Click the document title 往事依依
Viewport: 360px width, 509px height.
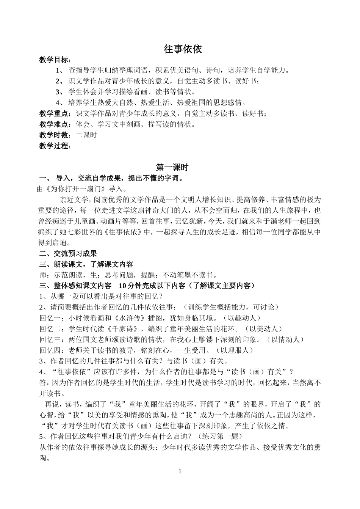[183, 49]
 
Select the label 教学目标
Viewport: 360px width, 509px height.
[54, 60]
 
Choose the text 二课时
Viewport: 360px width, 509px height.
[86, 135]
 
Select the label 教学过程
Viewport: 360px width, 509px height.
[54, 146]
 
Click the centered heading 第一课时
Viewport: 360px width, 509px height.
[172, 167]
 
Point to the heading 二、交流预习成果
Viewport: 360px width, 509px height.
[68, 254]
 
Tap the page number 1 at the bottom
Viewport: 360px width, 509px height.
[180, 471]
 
